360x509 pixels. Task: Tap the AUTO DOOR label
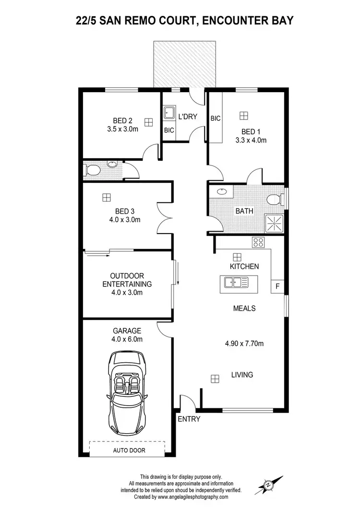(x=129, y=450)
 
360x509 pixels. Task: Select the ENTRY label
(x=189, y=419)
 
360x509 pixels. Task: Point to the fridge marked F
(x=277, y=287)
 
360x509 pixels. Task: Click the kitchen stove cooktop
(x=258, y=242)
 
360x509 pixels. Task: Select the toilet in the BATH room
(x=274, y=199)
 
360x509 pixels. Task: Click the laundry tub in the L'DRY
(x=169, y=113)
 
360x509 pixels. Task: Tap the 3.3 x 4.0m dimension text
(x=251, y=141)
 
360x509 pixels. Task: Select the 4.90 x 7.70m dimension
(x=245, y=343)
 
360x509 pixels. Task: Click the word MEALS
(x=244, y=308)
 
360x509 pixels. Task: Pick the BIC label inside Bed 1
(x=216, y=118)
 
